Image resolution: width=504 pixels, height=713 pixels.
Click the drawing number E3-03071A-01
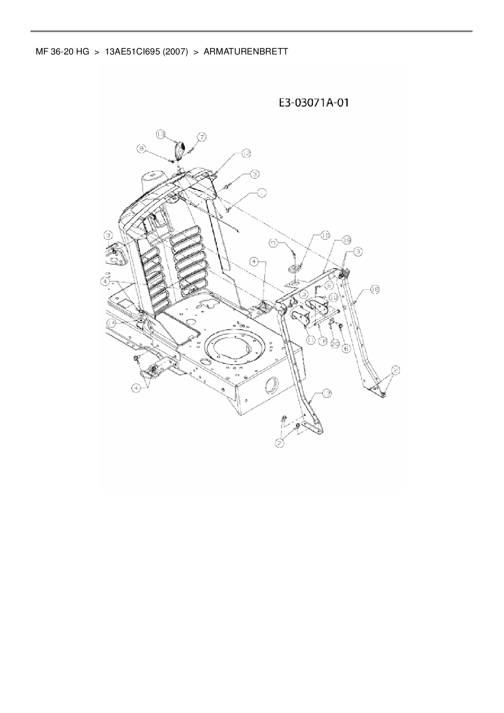pyautogui.click(x=313, y=103)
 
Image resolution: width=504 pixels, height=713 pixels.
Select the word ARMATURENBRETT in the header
pyautogui.click(x=245, y=52)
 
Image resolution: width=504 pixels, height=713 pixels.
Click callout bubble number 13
pyautogui.click(x=161, y=134)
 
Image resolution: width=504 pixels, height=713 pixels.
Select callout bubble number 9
pyautogui.click(x=141, y=150)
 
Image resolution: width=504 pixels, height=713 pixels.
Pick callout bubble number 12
pyautogui.click(x=246, y=153)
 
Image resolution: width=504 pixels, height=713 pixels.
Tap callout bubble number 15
pyautogui.click(x=325, y=235)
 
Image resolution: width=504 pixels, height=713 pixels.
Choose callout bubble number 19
pyautogui.click(x=346, y=241)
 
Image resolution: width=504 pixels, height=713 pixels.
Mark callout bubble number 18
pyautogui.click(x=374, y=289)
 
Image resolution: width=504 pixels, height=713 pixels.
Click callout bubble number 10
pyautogui.click(x=333, y=297)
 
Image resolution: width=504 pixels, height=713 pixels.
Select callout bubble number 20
pyautogui.click(x=335, y=344)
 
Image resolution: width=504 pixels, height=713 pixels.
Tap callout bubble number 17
pyautogui.click(x=327, y=393)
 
